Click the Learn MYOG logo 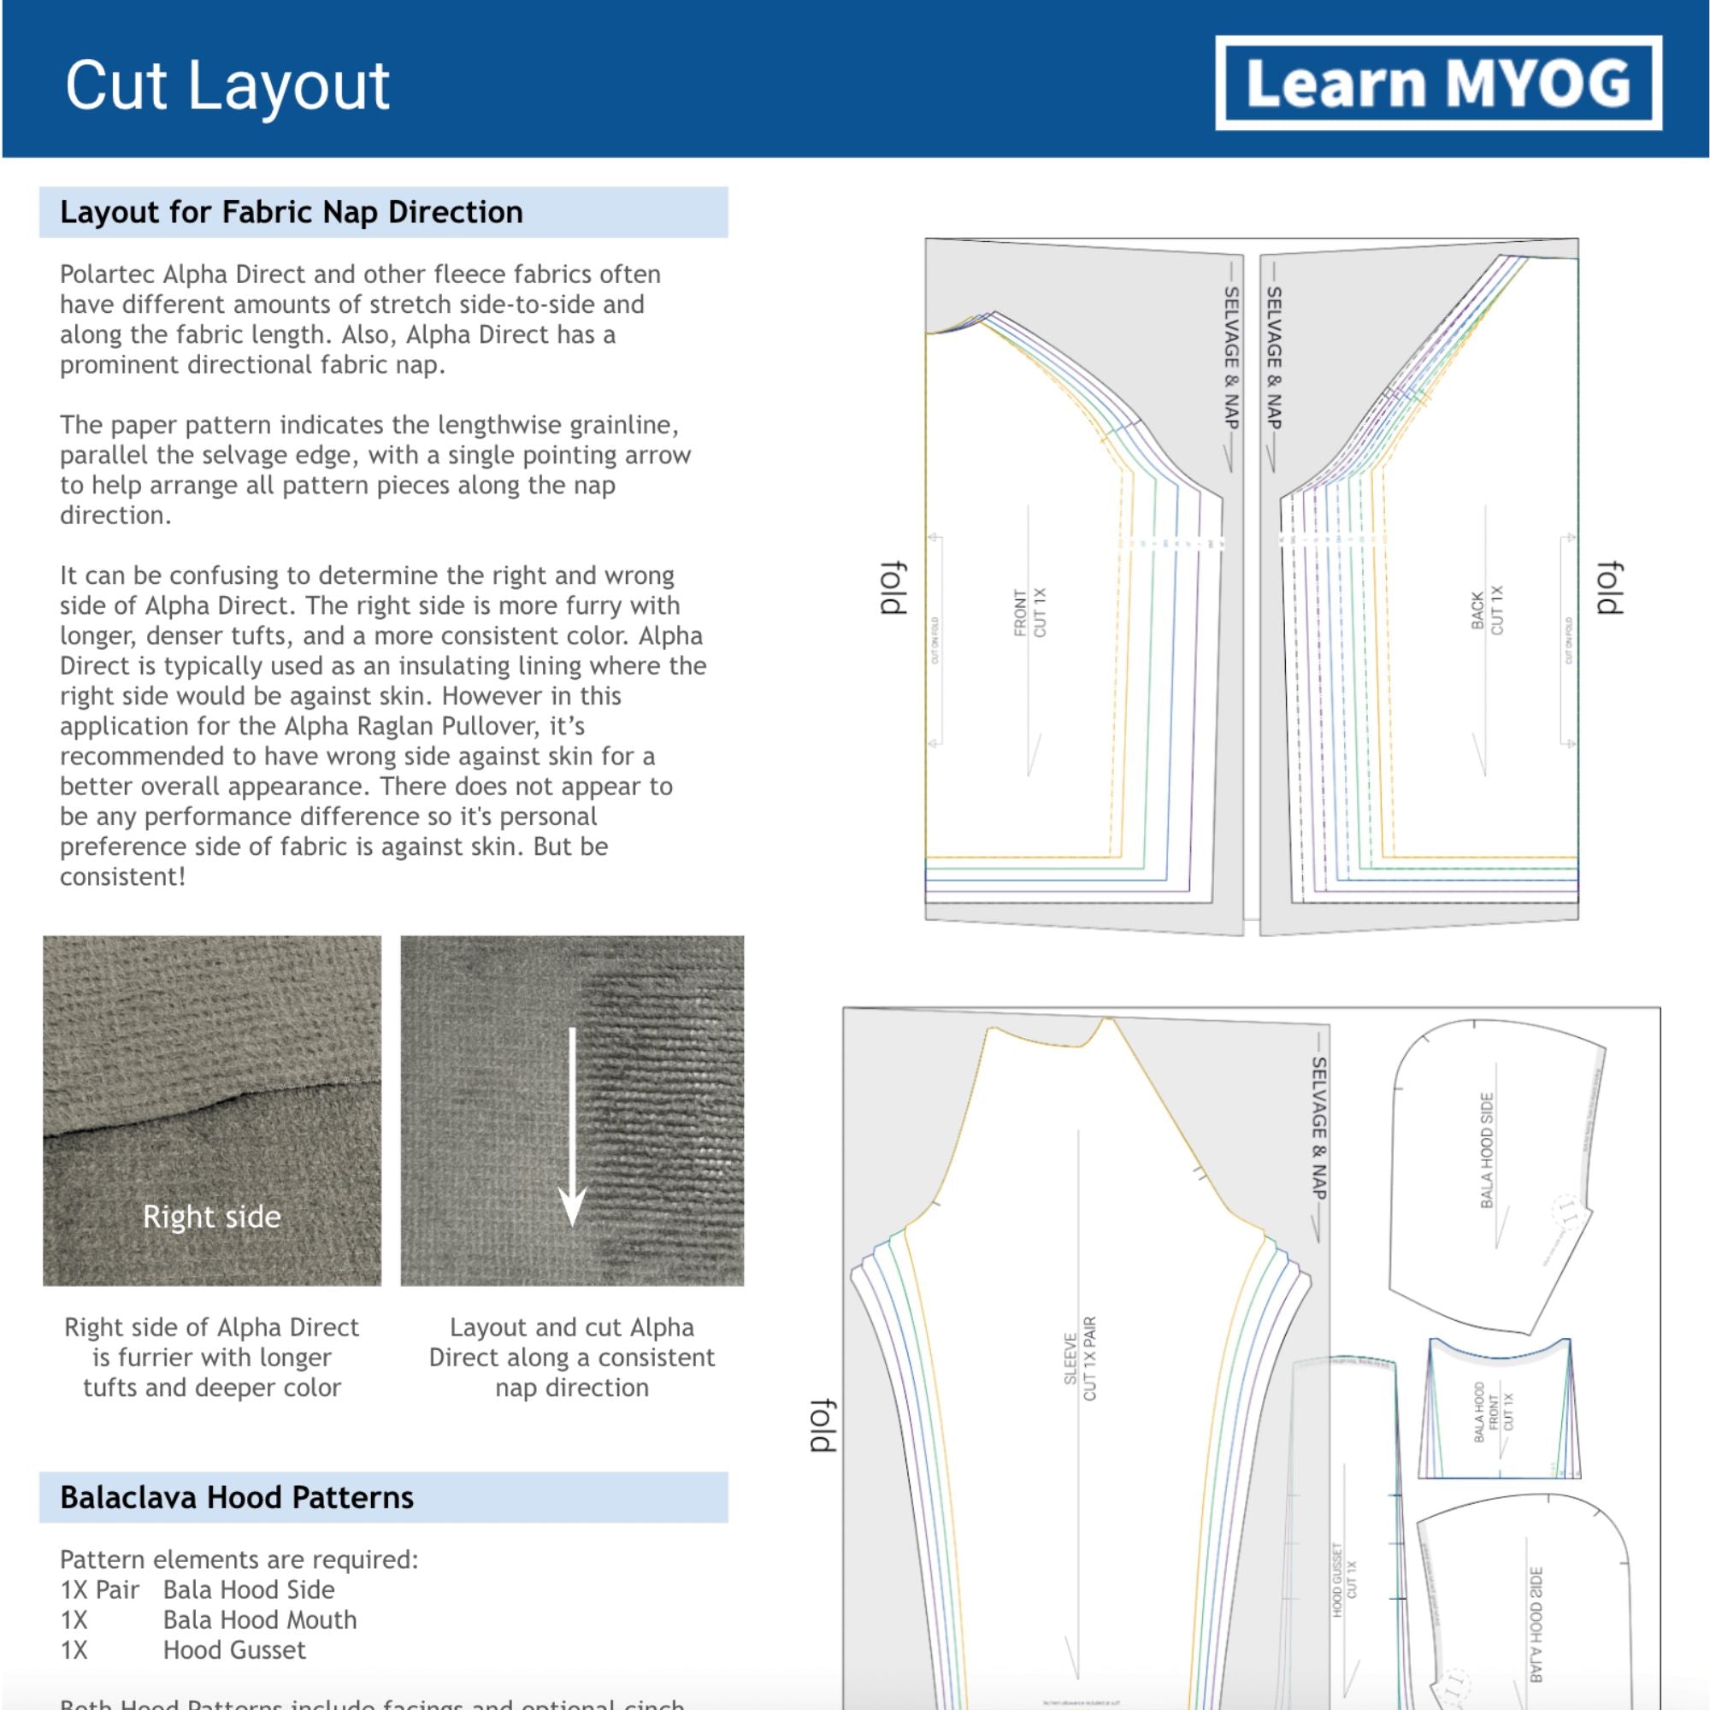pos(1437,82)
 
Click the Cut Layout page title pos(227,85)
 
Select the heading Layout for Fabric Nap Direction pos(292,212)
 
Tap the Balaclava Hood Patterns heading pos(236,1497)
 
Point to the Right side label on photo pos(211,1216)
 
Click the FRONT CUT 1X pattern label pos(1029,611)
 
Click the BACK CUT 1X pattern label pos(1487,610)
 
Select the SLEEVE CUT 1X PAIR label pos(1080,1359)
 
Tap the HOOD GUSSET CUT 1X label pos(1343,1580)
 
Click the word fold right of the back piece pos(1608,587)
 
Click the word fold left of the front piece pos(894,587)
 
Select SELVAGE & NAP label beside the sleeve pos(1318,1129)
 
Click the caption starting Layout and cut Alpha pos(572,1357)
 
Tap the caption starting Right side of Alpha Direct pos(211,1357)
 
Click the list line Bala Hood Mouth pos(259,1619)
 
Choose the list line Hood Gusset pos(234,1650)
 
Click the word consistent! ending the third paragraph pos(123,877)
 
